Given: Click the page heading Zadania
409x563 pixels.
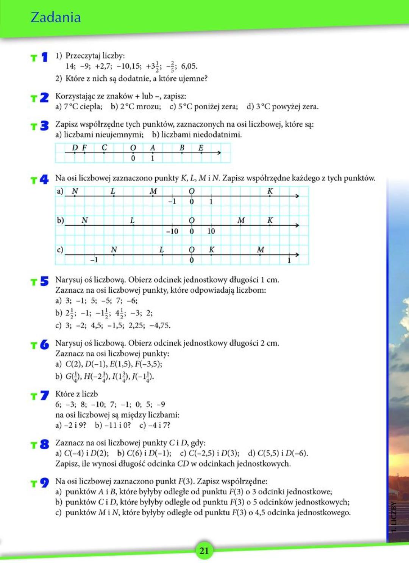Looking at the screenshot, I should click(55, 17).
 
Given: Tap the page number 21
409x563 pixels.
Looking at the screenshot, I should click(204, 550).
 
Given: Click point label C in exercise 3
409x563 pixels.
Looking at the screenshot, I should click(104, 147).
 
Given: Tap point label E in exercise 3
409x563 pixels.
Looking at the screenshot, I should click(201, 147).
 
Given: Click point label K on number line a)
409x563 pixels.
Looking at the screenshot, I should click(270, 191).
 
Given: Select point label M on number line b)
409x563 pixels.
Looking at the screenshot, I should click(241, 220).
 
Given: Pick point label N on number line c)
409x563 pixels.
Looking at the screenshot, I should click(114, 249).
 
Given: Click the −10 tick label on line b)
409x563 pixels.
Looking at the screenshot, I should click(172, 231).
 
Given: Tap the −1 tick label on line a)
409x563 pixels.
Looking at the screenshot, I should click(172, 201).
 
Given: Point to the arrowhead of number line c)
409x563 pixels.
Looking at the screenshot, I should click(297, 254).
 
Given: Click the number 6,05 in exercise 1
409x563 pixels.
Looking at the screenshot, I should click(189, 66).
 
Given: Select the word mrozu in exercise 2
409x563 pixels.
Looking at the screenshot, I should click(148, 107).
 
